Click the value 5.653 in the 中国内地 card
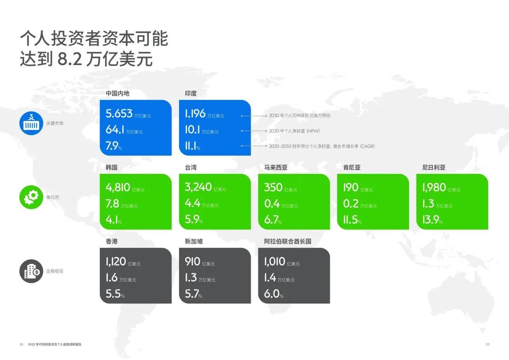[119, 113]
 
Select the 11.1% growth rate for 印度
[192, 146]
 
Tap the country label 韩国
[112, 167]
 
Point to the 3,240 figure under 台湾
[198, 187]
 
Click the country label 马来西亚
[276, 167]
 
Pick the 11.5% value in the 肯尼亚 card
[352, 220]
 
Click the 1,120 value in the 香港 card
[116, 262]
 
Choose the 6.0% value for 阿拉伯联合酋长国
[274, 294]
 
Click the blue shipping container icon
[31, 123]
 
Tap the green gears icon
[31, 197]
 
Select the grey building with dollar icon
[31, 271]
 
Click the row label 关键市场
[55, 123]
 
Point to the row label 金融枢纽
[55, 271]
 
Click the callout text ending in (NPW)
[295, 131]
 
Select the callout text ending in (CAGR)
[322, 147]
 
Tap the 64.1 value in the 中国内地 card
[115, 130]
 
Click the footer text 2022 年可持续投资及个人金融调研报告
[55, 344]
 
